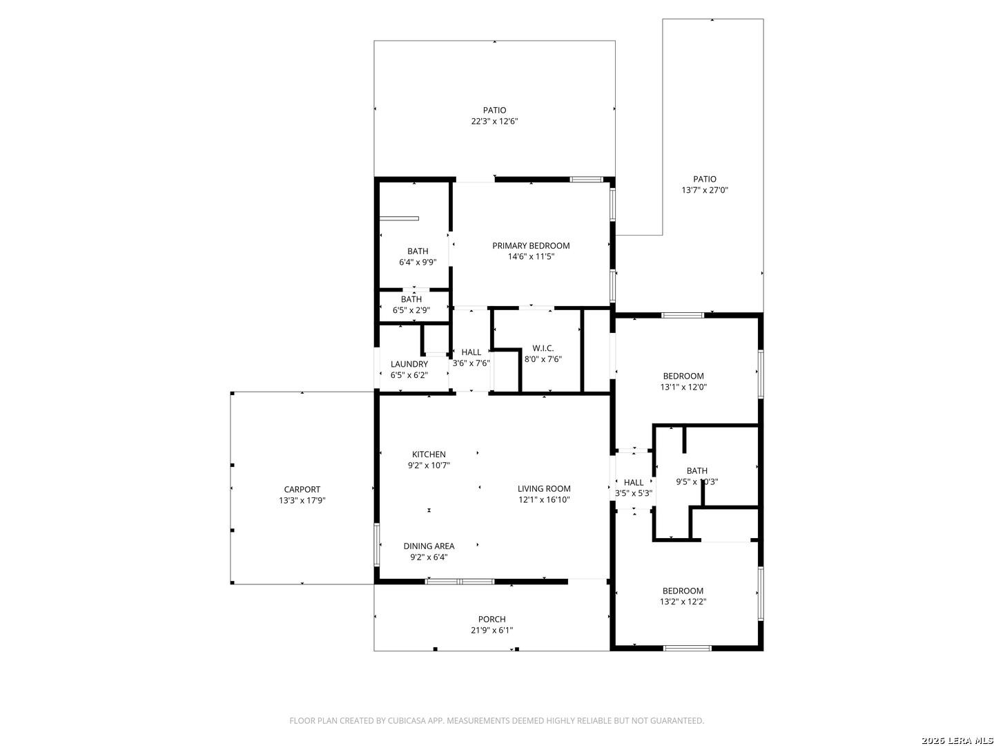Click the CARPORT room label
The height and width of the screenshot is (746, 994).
pos(302,489)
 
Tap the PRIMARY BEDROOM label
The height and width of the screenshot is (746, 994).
pos(531,245)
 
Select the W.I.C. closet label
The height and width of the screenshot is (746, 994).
pos(543,348)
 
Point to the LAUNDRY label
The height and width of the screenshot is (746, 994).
pos(409,364)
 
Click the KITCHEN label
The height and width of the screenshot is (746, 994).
pos(429,454)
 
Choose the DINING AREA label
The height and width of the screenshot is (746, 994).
pos(429,546)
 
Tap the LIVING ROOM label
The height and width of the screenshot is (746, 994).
pos(544,488)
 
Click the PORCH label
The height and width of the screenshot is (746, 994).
pos(491,619)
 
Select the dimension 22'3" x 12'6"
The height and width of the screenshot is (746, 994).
pos(494,121)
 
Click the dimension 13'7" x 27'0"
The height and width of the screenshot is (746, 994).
pos(705,190)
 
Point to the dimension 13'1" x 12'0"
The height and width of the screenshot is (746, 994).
pos(683,387)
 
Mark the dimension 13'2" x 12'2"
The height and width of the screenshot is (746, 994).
pos(683,602)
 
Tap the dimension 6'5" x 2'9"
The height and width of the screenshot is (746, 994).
pos(411,310)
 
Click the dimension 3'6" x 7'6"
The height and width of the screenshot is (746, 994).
pos(471,363)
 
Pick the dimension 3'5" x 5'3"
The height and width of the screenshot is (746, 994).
pos(634,493)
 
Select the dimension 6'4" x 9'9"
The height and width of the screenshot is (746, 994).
pos(418,262)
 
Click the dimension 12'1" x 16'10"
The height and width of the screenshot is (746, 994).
pos(544,499)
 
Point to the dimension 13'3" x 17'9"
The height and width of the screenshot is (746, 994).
pos(302,501)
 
